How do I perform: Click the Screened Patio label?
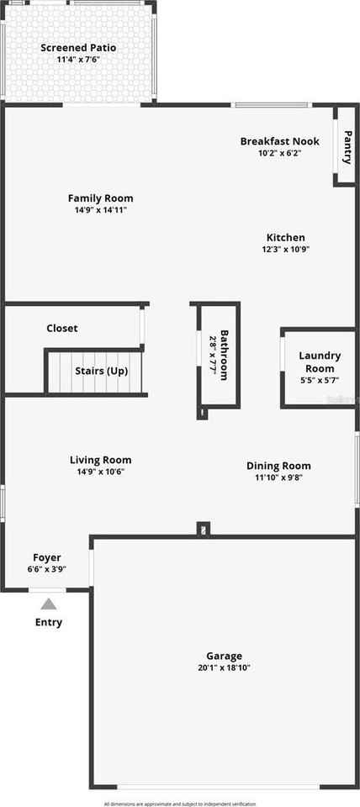(78, 48)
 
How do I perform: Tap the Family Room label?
(100, 198)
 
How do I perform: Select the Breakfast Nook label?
(279, 141)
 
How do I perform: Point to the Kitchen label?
(286, 237)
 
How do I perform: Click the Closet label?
(61, 328)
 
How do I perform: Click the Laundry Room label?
(320, 361)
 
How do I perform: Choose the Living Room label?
(100, 460)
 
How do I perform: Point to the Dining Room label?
(278, 466)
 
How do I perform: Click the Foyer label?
(47, 557)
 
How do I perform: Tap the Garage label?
(224, 656)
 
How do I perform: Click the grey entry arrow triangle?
(49, 604)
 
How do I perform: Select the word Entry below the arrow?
(48, 623)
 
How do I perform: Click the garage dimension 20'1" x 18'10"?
(224, 667)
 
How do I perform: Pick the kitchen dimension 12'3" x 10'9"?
(286, 249)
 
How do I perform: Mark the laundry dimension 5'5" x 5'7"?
(320, 380)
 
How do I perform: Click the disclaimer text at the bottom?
(180, 804)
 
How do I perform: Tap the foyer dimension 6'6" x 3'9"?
(47, 569)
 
